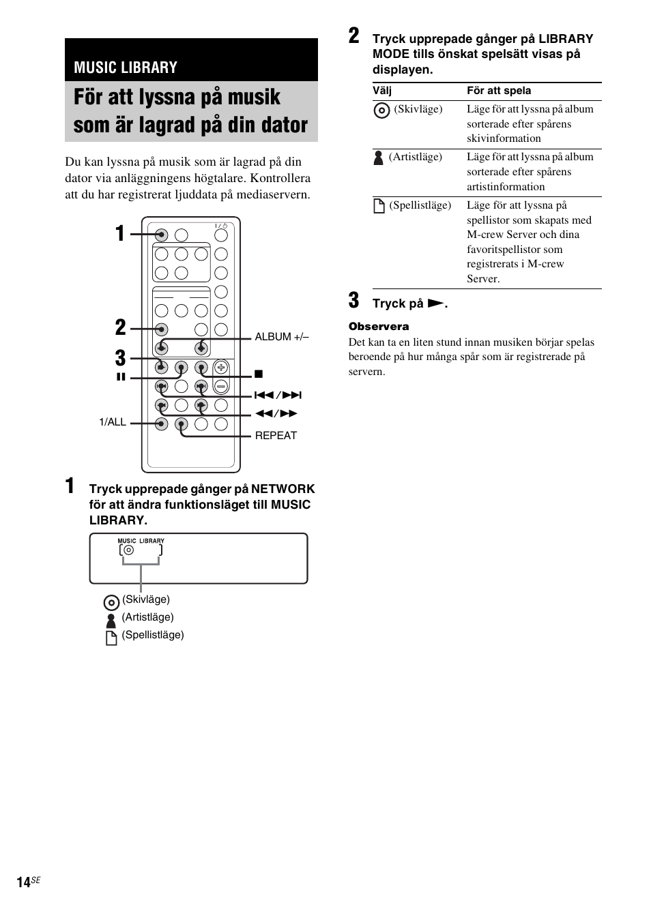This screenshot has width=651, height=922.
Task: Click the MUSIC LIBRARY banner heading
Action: point(126,68)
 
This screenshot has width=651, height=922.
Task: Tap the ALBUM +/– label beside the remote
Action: point(282,337)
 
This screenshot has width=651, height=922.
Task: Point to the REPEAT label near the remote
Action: point(276,436)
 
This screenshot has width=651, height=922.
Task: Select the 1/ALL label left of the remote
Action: point(113,422)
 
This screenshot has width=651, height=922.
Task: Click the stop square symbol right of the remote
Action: point(259,374)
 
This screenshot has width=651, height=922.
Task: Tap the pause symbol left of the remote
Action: point(121,377)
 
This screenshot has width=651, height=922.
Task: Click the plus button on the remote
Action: point(220,368)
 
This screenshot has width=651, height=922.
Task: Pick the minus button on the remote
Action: point(220,386)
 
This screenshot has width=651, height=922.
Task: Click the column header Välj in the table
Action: point(382,91)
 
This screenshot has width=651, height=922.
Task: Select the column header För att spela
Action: point(499,91)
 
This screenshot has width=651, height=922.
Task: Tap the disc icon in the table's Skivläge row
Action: point(382,110)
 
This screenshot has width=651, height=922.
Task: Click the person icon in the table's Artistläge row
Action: point(379,158)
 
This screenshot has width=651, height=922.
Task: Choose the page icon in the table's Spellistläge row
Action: point(379,206)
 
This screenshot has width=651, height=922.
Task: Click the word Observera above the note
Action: point(379,327)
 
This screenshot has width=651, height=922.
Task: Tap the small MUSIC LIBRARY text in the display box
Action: point(141,541)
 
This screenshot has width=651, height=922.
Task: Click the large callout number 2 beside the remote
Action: point(121,327)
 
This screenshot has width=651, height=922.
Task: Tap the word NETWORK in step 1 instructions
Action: point(283,489)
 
